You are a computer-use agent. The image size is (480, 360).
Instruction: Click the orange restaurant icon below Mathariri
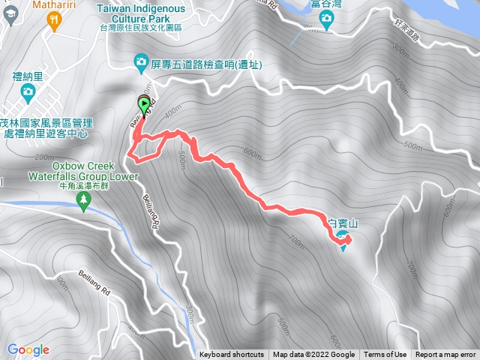(53, 22)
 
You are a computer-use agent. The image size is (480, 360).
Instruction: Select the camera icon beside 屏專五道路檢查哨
(141, 61)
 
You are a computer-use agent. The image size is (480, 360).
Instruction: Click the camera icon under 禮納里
(27, 92)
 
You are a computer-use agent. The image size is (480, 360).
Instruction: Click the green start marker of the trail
(143, 106)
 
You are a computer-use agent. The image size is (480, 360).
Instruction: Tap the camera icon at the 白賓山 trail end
(343, 238)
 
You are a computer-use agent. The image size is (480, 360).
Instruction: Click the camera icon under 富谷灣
(326, 23)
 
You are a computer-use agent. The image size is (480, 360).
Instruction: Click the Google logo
(28, 349)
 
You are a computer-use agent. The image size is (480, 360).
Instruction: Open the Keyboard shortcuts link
(232, 355)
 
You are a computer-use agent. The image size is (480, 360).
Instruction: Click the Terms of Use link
(385, 355)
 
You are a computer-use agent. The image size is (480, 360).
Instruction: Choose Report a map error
(445, 355)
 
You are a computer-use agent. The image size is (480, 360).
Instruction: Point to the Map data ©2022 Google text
(313, 355)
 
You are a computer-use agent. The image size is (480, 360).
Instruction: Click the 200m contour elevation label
(44, 157)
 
